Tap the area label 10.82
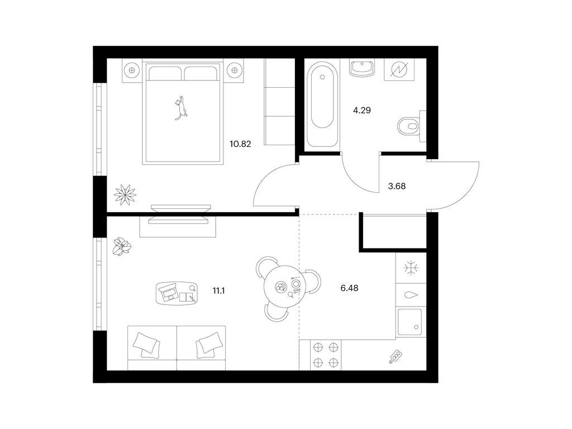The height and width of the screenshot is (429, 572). (240, 144)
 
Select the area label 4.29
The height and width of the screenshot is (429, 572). (362, 110)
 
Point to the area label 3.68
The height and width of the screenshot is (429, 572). (397, 186)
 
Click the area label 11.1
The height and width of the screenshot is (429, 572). (218, 290)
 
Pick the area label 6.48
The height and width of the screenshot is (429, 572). (349, 288)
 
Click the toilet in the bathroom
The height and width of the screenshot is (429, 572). (408, 126)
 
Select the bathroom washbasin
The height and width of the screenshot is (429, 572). (361, 68)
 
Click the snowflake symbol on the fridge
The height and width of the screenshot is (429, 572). (411, 268)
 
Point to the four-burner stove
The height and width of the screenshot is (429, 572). (326, 355)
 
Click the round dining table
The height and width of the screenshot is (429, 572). (282, 287)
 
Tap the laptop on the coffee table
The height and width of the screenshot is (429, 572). (169, 293)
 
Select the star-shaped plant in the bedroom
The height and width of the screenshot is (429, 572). (125, 195)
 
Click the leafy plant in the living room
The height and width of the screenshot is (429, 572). (122, 246)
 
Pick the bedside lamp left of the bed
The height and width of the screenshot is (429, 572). (132, 70)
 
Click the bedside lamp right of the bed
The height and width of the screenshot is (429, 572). (234, 70)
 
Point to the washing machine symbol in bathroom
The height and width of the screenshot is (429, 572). (399, 70)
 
